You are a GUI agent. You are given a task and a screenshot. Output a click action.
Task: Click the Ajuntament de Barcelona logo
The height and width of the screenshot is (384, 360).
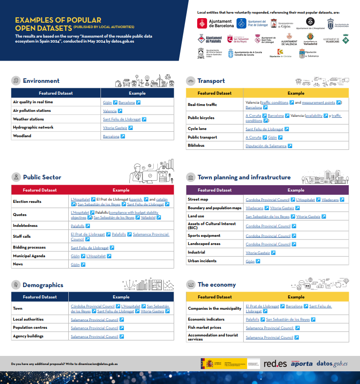tap(216, 24)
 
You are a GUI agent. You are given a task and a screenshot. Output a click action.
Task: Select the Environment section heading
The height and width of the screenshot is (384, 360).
tap(41, 81)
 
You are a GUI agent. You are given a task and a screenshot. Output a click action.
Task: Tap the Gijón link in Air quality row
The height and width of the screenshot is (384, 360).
tap(107, 102)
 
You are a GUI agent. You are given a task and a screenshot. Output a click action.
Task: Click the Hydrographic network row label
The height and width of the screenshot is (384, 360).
tap(33, 128)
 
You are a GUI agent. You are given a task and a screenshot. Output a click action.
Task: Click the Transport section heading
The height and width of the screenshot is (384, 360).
tap(211, 81)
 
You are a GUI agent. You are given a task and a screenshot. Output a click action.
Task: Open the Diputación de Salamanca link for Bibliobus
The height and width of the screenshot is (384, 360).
tap(266, 146)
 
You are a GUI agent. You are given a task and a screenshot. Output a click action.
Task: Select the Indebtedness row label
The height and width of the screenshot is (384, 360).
tap(25, 226)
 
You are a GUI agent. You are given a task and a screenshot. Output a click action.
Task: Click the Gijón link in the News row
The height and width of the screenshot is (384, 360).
tap(75, 264)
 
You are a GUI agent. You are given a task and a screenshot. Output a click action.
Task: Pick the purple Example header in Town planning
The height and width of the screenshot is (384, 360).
tap(296, 190)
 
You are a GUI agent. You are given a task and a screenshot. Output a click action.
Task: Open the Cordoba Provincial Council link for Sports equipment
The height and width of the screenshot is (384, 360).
tap(268, 236)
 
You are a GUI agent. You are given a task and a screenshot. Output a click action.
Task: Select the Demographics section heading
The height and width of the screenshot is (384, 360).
tap(43, 285)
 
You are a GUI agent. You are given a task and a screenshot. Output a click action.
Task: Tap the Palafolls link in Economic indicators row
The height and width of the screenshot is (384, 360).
tap(252, 319)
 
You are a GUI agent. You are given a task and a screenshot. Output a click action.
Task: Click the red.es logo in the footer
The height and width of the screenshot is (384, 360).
tap(275, 364)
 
